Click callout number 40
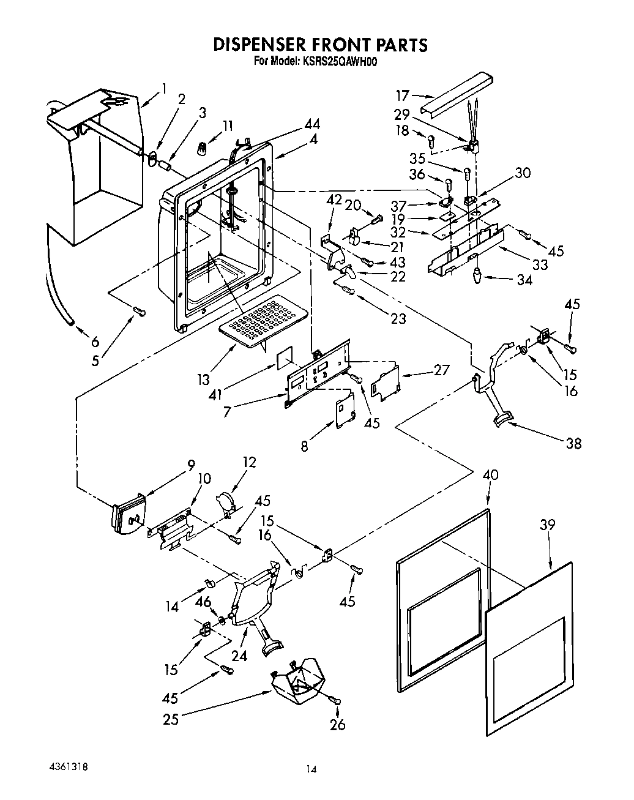(490, 476)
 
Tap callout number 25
(171, 719)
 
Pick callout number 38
(573, 444)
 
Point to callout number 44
(311, 124)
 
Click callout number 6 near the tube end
(95, 342)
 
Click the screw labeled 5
(140, 313)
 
